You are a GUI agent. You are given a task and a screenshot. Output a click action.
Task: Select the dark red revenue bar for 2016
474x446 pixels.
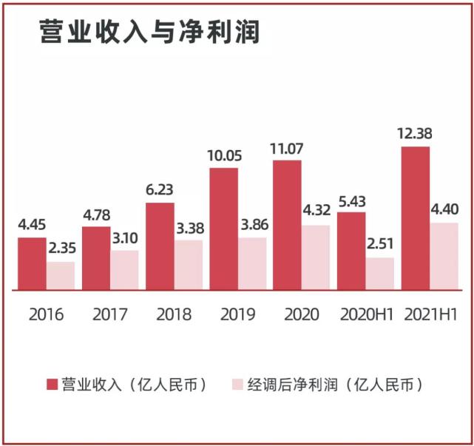click(32, 263)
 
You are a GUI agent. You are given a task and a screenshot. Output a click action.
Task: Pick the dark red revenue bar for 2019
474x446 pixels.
click(223, 228)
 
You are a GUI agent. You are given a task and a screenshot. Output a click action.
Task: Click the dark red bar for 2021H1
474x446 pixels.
click(415, 217)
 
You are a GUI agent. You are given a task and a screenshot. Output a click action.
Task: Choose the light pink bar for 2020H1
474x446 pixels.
click(380, 273)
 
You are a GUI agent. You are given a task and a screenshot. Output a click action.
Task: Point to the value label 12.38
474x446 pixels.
click(415, 134)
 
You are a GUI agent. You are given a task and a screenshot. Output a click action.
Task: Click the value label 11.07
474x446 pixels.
click(287, 147)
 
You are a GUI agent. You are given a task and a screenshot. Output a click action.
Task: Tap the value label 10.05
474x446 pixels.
click(223, 155)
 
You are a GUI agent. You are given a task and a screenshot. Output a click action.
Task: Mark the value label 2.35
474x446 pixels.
click(61, 249)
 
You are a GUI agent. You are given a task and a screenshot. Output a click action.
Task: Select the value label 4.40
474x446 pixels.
click(444, 209)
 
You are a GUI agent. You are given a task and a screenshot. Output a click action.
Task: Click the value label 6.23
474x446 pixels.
click(160, 189)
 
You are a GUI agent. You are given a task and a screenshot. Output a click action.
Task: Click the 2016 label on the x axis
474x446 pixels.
click(47, 314)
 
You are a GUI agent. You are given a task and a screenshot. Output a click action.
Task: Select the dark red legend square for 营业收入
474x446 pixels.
click(53, 385)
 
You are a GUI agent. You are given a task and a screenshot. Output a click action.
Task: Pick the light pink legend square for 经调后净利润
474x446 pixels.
click(237, 385)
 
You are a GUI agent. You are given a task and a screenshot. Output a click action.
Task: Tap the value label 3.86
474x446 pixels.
click(252, 225)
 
